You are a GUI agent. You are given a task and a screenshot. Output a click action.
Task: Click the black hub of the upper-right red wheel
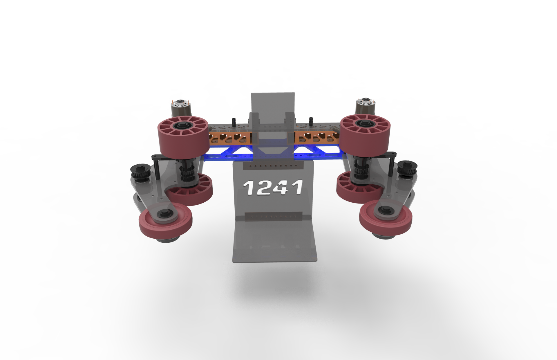(364, 124)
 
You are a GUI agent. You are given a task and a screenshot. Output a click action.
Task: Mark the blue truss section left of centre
(231, 152)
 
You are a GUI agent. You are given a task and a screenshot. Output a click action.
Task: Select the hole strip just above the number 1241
(273, 166)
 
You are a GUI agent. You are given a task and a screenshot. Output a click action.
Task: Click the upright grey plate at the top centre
(273, 103)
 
